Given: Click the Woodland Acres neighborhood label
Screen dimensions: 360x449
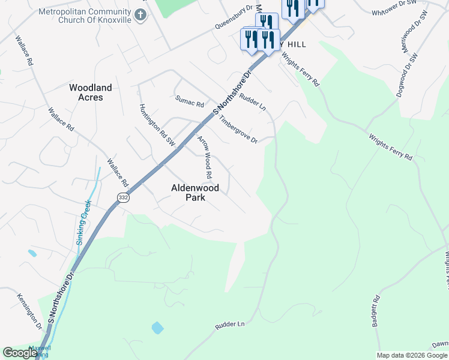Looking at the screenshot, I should [90, 92].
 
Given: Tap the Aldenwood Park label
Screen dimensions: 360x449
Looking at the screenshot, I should [195, 192].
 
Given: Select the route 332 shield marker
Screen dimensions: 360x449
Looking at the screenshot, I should [123, 197].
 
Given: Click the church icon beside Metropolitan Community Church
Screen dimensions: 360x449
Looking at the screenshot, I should [140, 14].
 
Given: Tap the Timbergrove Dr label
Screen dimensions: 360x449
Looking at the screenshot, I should [238, 129].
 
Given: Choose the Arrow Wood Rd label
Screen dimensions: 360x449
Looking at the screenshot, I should [205, 158].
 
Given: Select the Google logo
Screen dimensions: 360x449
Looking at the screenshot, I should [19, 353].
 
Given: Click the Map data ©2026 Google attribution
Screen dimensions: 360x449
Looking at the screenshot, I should [411, 355].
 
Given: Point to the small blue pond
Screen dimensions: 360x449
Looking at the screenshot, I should [157, 328].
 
